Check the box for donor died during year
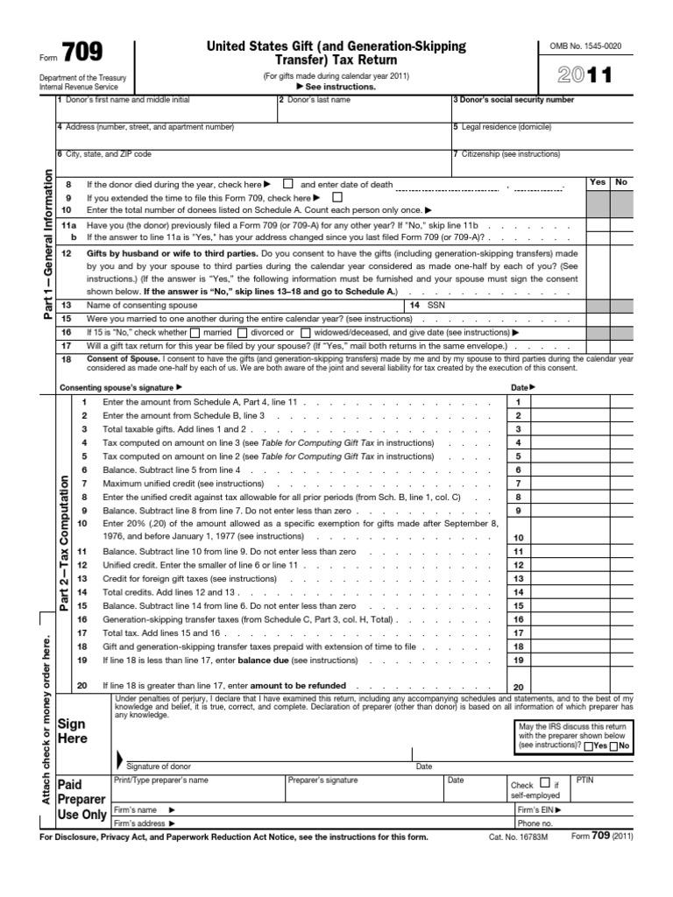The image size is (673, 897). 288,185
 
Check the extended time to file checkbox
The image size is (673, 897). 337,198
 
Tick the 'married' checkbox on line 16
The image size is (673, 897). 195,333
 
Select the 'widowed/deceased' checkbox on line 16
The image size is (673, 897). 305,333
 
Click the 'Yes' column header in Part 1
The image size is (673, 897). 598,182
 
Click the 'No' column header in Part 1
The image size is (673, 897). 622,182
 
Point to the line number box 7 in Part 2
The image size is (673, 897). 518,483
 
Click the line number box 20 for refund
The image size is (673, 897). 518,687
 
